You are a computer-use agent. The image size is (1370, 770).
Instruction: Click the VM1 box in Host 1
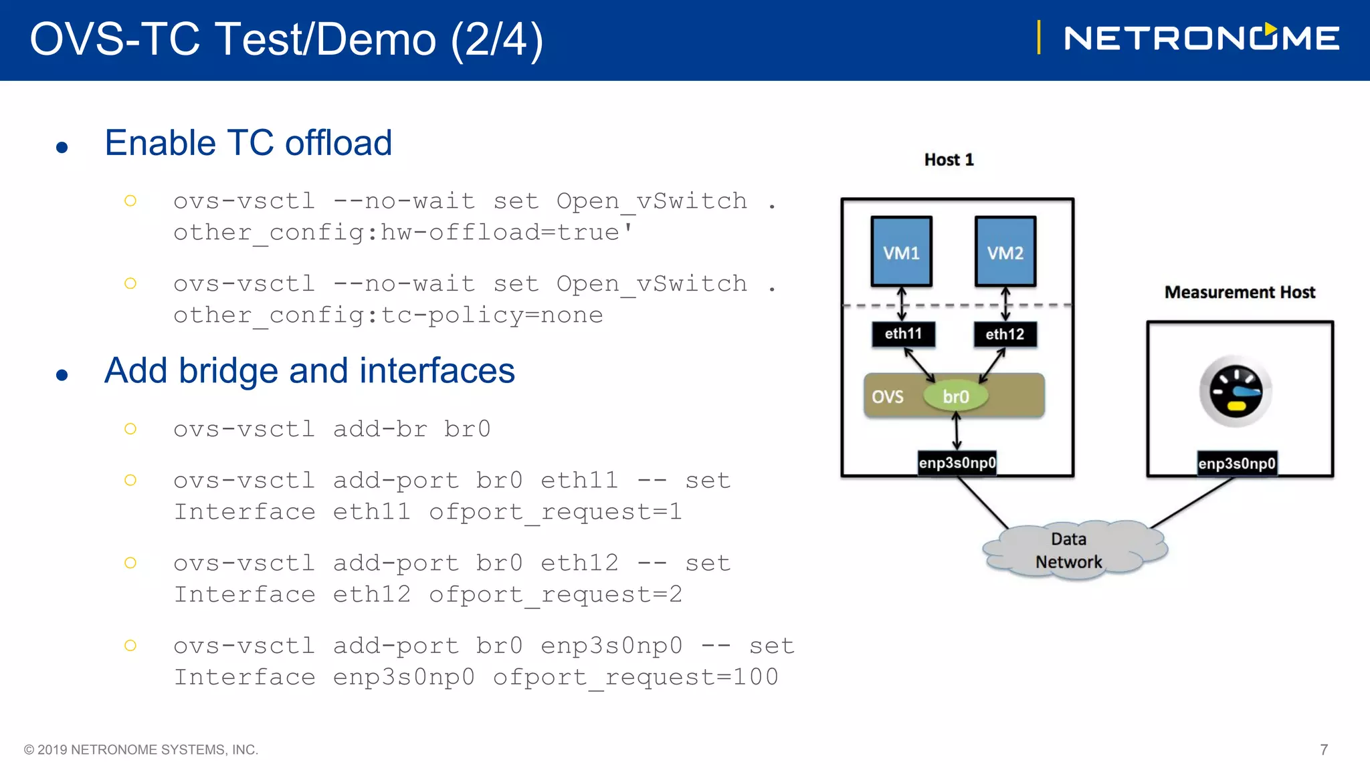[901, 251]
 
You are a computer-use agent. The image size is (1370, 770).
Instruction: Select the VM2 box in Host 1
[1005, 251]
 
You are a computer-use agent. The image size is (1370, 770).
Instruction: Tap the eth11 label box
[903, 334]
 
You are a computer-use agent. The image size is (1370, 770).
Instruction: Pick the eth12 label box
[1005, 334]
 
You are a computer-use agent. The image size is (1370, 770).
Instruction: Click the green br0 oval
[955, 396]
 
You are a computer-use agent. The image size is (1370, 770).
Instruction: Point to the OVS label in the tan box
[887, 397]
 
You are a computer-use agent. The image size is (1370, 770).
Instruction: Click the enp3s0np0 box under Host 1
[957, 463]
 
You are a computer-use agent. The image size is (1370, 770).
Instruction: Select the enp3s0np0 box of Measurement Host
[1236, 463]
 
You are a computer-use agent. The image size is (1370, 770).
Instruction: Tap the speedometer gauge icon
[1236, 392]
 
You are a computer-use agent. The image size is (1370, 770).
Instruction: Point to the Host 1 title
[949, 160]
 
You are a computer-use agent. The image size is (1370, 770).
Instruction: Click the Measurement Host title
[1240, 292]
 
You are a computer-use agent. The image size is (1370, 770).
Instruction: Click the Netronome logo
[1201, 37]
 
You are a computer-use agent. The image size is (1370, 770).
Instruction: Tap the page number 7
[1323, 749]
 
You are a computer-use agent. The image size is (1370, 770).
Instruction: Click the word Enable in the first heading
[160, 143]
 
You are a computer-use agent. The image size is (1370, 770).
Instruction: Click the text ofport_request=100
[635, 677]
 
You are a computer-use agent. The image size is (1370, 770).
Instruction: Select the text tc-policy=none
[492, 315]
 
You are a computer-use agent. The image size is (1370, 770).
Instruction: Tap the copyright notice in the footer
[141, 749]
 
